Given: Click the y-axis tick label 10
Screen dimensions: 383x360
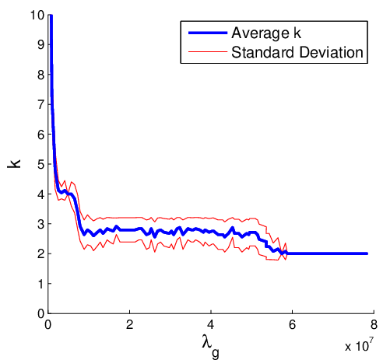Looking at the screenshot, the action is (37, 16).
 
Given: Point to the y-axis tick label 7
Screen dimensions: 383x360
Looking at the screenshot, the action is (41, 105).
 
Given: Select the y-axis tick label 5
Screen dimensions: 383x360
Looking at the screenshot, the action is (41, 164).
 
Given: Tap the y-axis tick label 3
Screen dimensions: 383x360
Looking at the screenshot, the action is (41, 224).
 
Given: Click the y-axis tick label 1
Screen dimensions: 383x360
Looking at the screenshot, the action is (41, 284).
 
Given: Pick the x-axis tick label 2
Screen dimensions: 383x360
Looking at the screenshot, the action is (129, 325).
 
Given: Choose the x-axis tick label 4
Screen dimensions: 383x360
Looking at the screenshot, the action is (211, 325).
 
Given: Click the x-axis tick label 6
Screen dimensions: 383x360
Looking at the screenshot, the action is (293, 325).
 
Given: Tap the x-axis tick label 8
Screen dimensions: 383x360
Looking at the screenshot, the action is (374, 325).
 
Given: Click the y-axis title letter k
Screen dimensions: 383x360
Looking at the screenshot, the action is (14, 164).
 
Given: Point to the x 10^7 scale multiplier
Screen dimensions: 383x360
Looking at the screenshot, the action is (360, 344).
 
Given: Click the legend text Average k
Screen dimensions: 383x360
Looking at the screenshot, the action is (266, 33).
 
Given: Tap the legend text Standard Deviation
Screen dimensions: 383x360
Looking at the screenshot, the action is (297, 52).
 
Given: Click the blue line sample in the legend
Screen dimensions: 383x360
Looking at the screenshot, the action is (208, 33).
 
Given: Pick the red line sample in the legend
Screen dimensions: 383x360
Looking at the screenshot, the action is (208, 52).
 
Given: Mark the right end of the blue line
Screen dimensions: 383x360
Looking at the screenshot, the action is (367, 253).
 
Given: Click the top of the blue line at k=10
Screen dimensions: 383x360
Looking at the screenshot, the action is (51, 16).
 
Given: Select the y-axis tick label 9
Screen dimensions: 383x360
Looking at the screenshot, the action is (41, 45).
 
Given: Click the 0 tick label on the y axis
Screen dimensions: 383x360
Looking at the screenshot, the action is (41, 314).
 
